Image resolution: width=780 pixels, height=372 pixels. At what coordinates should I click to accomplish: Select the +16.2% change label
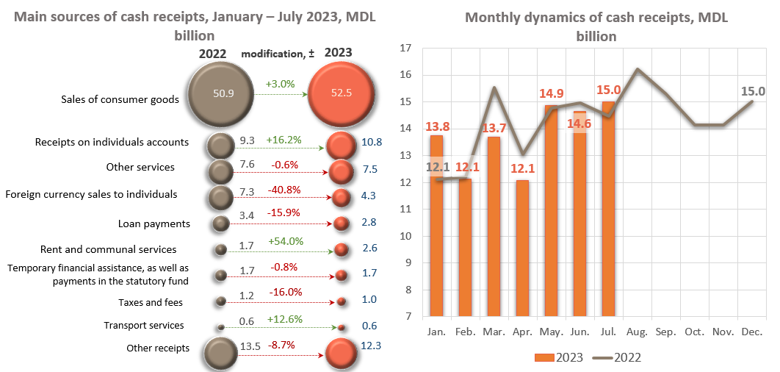pos(286,137)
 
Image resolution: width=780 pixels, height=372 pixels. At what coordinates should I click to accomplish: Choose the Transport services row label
pos(144,325)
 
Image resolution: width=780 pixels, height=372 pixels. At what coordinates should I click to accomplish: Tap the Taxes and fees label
pos(151,302)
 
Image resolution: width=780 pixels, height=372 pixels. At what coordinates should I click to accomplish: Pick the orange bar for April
pos(522,248)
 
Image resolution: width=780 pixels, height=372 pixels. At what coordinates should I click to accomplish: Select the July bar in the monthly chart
pos(609,210)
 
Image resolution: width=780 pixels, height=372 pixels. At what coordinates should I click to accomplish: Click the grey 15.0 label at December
pos(752,91)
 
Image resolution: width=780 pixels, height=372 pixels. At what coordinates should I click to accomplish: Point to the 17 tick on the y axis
pos(405,49)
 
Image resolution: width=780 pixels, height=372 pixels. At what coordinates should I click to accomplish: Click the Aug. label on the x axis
pos(638,332)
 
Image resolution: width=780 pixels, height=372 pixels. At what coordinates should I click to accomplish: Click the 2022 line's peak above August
pos(638,69)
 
